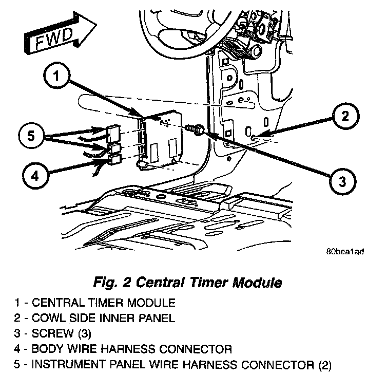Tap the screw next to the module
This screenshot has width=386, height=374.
196,128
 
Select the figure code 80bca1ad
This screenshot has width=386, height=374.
345,253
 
